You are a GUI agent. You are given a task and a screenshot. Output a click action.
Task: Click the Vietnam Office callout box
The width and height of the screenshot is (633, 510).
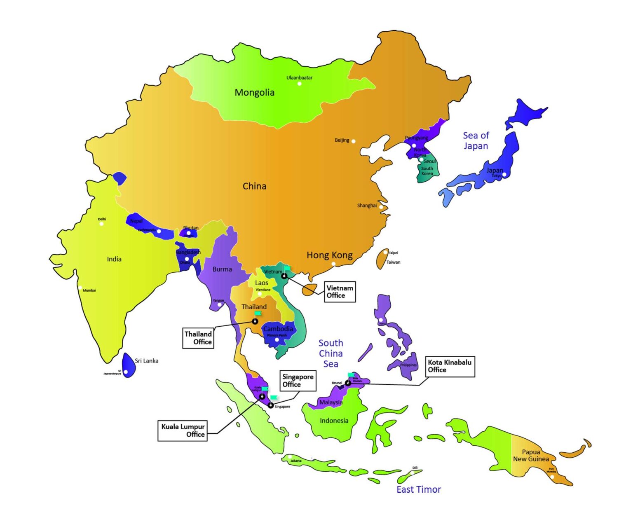pos(340,292)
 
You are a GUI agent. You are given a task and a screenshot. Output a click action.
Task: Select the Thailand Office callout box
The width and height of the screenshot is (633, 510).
pos(198,338)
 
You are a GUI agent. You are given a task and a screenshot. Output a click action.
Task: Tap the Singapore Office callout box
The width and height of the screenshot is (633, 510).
pos(298,380)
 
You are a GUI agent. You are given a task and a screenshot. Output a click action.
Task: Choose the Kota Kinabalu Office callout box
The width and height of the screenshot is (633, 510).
pos(450,366)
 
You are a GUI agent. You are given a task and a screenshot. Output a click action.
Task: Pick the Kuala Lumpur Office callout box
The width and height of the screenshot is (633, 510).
pos(183,430)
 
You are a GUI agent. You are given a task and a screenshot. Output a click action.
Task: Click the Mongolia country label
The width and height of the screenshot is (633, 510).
pos(254,93)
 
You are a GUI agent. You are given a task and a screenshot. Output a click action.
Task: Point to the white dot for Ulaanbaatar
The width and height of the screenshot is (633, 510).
pos(300,84)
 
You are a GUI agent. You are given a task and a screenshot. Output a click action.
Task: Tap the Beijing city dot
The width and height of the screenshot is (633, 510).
pos(353,141)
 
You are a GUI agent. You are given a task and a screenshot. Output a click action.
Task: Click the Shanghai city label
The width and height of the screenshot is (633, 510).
pos(366,206)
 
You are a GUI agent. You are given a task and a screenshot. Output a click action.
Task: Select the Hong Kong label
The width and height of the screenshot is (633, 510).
pos(329,255)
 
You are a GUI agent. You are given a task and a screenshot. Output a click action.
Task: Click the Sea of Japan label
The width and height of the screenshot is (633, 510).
pos(476,140)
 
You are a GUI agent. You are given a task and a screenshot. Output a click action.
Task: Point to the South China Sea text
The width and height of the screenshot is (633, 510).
pos(331,353)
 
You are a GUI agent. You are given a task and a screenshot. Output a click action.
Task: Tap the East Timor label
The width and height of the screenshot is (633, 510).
pos(418,489)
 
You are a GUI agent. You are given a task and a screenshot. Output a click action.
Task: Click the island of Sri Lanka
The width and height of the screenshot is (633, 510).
pos(129,365)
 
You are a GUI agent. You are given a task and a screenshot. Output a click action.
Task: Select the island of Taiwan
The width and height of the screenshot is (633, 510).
pos(382,259)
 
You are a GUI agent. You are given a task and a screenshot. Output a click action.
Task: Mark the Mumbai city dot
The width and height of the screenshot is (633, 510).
pos(80,288)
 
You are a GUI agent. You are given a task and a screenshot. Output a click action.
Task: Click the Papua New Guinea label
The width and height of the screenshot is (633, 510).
pos(530,455)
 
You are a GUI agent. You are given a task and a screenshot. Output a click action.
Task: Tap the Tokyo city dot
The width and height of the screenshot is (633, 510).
pos(504,175)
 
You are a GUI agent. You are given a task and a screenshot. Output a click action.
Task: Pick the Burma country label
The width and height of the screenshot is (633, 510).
pos(222,269)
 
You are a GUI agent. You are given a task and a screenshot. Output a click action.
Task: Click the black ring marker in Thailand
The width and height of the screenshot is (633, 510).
pos(255,321)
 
